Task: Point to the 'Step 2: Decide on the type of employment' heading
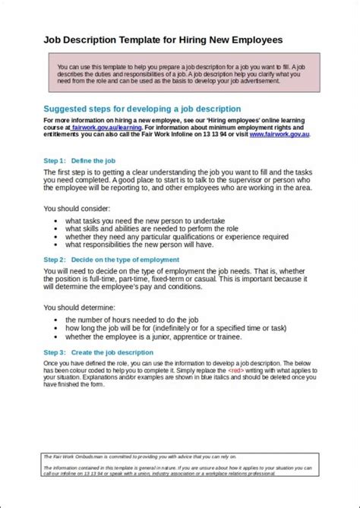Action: (114, 259)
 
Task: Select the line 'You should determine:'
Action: (79, 308)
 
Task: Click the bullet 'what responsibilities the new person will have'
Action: (150, 245)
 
